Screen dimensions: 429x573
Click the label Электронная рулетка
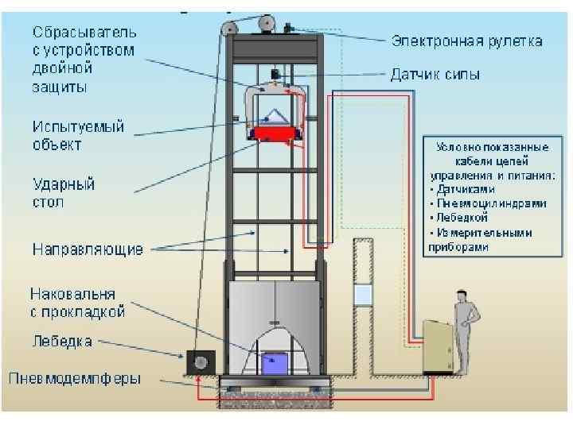[x=465, y=41]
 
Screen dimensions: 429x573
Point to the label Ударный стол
[x=64, y=193]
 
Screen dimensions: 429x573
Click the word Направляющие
[x=88, y=249]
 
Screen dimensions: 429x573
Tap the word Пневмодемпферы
[x=75, y=378]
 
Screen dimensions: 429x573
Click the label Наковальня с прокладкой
[x=78, y=303]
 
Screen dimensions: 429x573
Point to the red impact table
[x=275, y=133]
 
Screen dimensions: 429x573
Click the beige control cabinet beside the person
[x=439, y=345]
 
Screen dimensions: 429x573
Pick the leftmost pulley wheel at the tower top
[x=229, y=30]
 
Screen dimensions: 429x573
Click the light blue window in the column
[x=363, y=296]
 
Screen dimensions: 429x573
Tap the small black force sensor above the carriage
[x=275, y=75]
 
